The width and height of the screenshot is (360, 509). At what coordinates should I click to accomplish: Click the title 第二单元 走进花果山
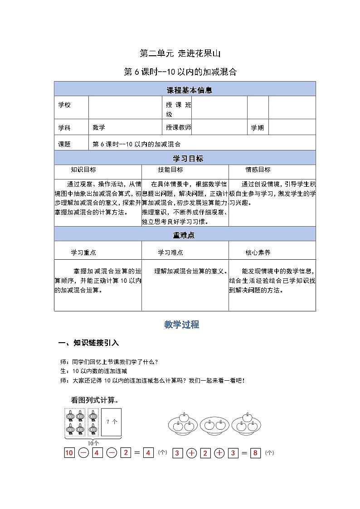(180, 53)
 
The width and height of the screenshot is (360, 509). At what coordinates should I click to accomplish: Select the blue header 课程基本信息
(185, 90)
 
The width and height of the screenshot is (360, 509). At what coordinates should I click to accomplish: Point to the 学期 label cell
(257, 128)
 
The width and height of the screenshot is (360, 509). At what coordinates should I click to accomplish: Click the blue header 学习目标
(185, 158)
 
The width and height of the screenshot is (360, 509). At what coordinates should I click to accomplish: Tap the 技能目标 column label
(170, 170)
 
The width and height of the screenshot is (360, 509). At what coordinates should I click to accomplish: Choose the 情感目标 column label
(258, 170)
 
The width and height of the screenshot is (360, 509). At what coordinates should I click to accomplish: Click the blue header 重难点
(185, 235)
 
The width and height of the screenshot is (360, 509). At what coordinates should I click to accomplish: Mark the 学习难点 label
(170, 252)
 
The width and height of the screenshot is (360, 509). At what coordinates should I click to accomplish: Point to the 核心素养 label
(258, 252)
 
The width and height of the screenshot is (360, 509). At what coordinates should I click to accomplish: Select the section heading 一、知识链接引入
(89, 343)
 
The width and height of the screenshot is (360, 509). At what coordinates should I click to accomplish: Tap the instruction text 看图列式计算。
(95, 400)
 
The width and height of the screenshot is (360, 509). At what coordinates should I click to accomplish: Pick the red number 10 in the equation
(69, 453)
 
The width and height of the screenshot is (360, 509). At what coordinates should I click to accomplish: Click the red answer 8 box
(256, 453)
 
